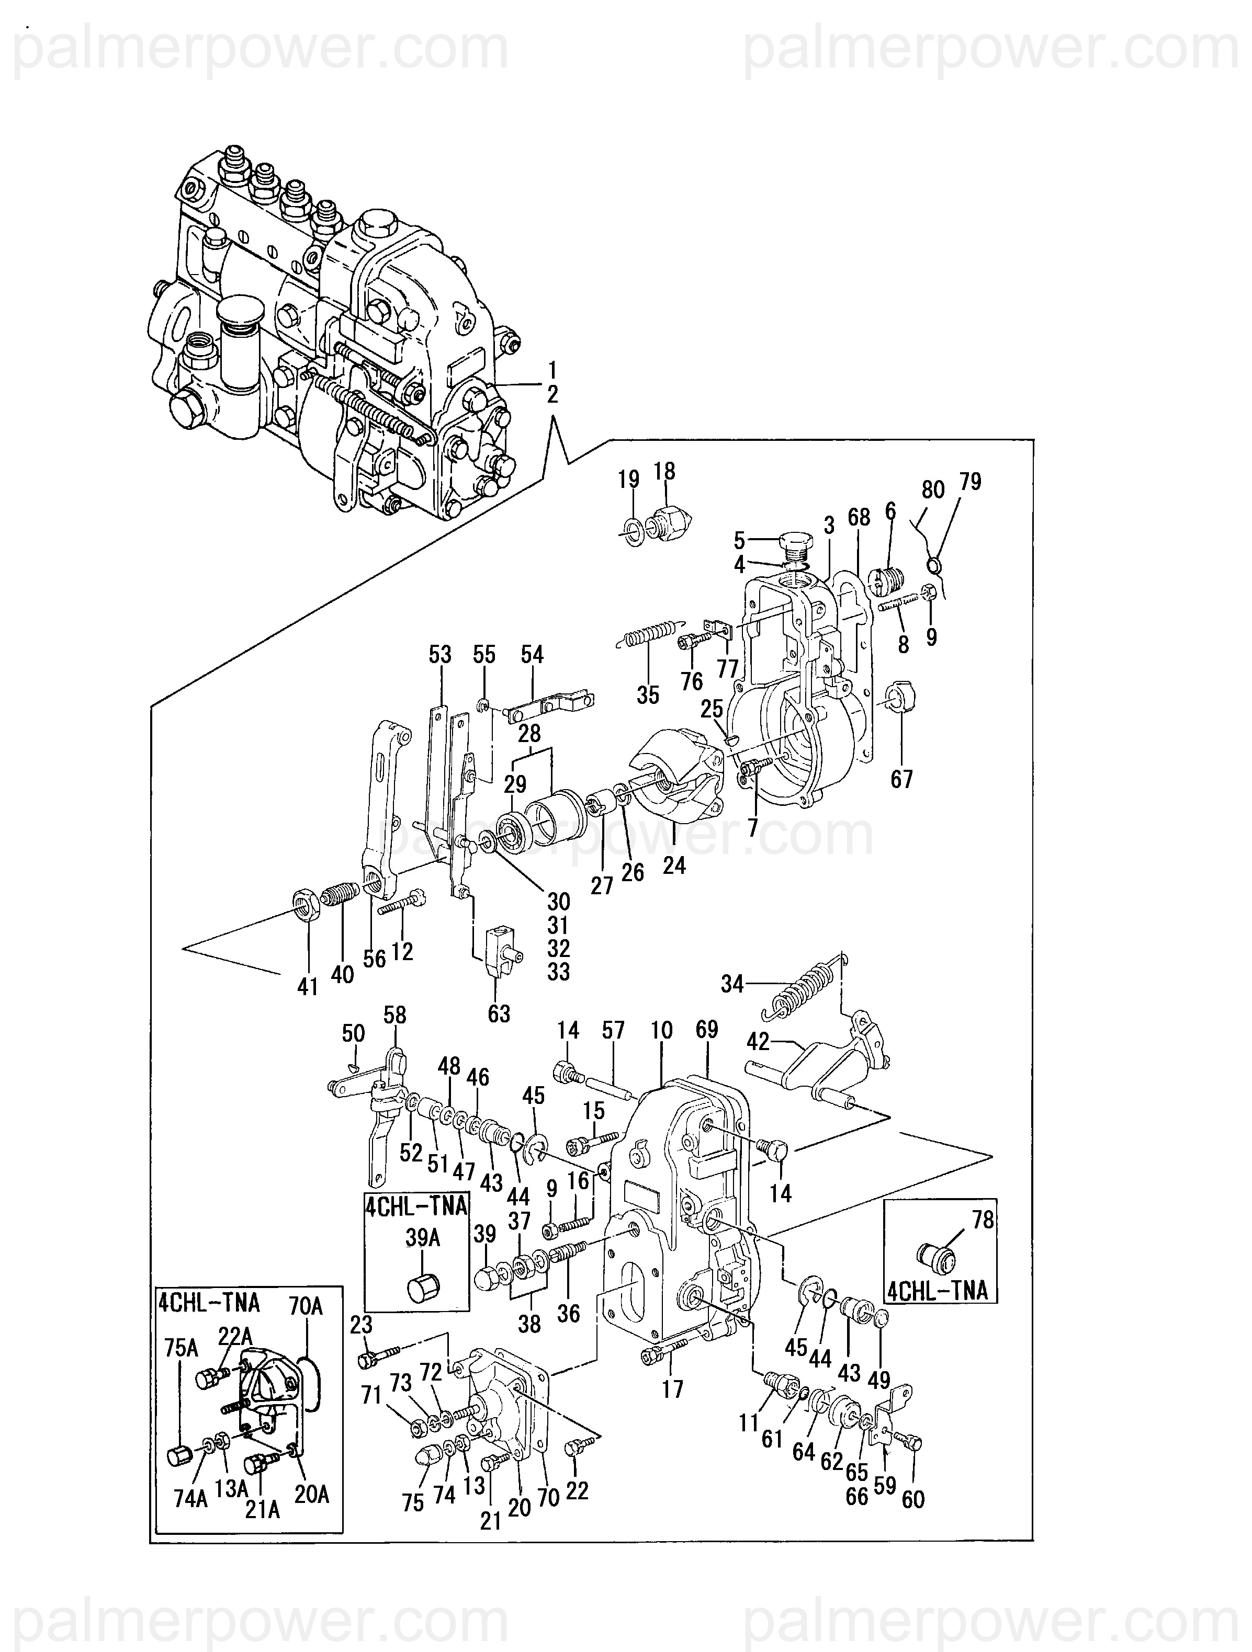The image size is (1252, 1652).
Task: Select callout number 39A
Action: (423, 1237)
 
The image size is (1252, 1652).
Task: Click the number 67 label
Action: (901, 779)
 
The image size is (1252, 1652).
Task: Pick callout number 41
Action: (308, 987)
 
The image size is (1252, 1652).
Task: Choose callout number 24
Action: (674, 865)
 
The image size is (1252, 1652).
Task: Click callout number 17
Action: (672, 1388)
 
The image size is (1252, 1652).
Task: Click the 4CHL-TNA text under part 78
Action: (939, 1290)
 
